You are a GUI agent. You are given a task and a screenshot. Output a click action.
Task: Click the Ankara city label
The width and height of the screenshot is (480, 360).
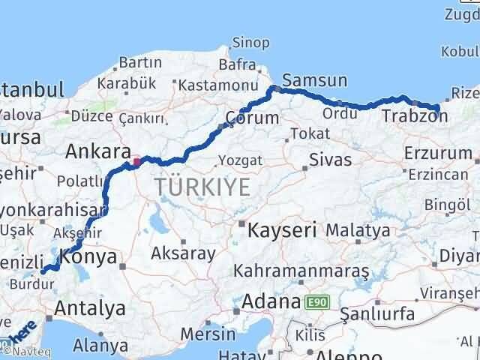pos(97,151)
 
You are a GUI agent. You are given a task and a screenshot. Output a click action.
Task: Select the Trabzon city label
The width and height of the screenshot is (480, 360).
pos(414,116)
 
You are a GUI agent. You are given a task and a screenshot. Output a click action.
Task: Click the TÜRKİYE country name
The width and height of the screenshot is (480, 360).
pos(202,187)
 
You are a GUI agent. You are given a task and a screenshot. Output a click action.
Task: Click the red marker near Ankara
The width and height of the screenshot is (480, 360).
pos(136,160)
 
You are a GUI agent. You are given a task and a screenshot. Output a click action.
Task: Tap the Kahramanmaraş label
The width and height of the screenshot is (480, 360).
pos(301,269)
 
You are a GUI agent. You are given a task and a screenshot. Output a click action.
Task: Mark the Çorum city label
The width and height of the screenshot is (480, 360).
pos(252,118)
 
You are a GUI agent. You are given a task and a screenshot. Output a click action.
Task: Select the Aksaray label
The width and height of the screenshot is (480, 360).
pos(183,253)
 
